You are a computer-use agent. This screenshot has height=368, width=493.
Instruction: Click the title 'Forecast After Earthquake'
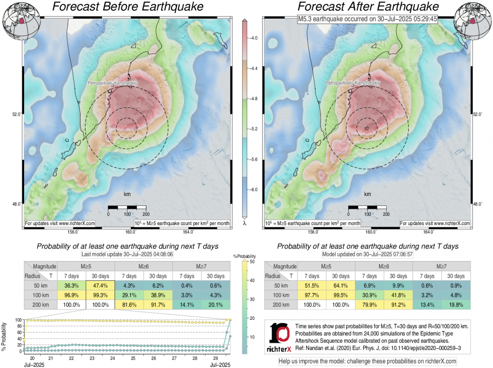coord(369,7)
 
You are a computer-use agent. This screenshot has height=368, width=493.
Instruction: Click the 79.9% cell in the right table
coord(369,306)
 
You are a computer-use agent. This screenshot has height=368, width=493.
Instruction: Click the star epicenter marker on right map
coord(366,128)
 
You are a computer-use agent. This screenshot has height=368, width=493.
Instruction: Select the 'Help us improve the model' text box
coord(367,361)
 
